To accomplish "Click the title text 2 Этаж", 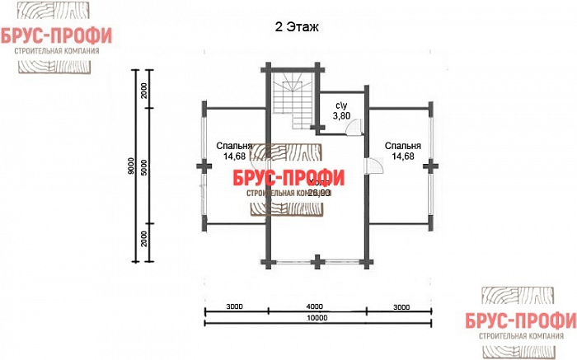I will point(296,26).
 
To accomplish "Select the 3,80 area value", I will point(341,116).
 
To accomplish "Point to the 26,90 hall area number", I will point(319,192).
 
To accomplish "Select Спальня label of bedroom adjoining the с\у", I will point(401,146).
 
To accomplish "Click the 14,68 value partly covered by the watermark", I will point(234,156).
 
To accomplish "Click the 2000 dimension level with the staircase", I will point(143,91).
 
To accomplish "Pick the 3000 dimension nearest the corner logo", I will point(401,306).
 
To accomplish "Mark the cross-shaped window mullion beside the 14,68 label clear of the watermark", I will point(429,165).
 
